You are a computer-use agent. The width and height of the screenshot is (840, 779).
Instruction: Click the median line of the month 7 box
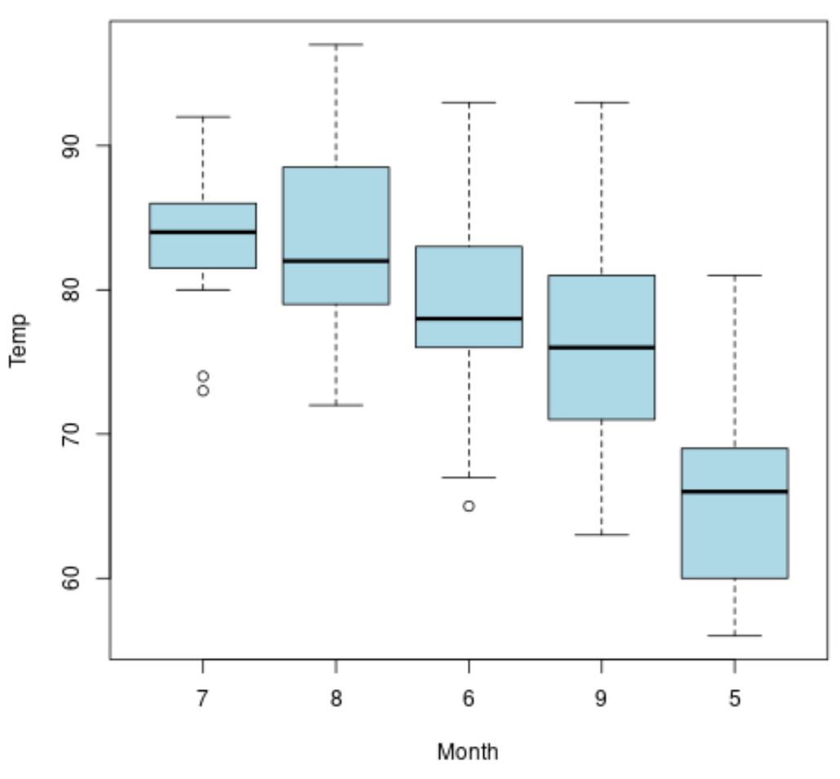pos(202,232)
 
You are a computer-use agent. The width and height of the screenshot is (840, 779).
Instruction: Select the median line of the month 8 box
pos(336,260)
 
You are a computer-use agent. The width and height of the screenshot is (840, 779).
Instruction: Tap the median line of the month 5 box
pos(735,492)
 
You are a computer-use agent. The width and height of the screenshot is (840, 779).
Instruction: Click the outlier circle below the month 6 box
pos(469,505)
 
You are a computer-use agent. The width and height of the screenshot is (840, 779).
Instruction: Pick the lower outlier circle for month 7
pos(202,390)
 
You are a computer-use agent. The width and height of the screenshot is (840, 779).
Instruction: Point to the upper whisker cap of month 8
pos(336,44)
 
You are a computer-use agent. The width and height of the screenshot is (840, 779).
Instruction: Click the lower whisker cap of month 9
pos(602,535)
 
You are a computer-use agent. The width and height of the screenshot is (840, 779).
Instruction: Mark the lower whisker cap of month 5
pos(735,635)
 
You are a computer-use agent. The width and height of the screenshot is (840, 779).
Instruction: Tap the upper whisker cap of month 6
pos(469,103)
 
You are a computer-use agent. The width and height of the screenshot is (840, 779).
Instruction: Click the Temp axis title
pos(18,341)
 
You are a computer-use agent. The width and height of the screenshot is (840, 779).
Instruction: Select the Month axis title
pos(467,751)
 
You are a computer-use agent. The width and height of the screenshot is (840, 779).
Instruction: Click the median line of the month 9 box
pos(602,347)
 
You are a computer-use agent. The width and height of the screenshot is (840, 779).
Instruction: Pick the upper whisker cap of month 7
pos(202,117)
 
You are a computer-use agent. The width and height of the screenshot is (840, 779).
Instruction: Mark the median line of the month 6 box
pos(469,318)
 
